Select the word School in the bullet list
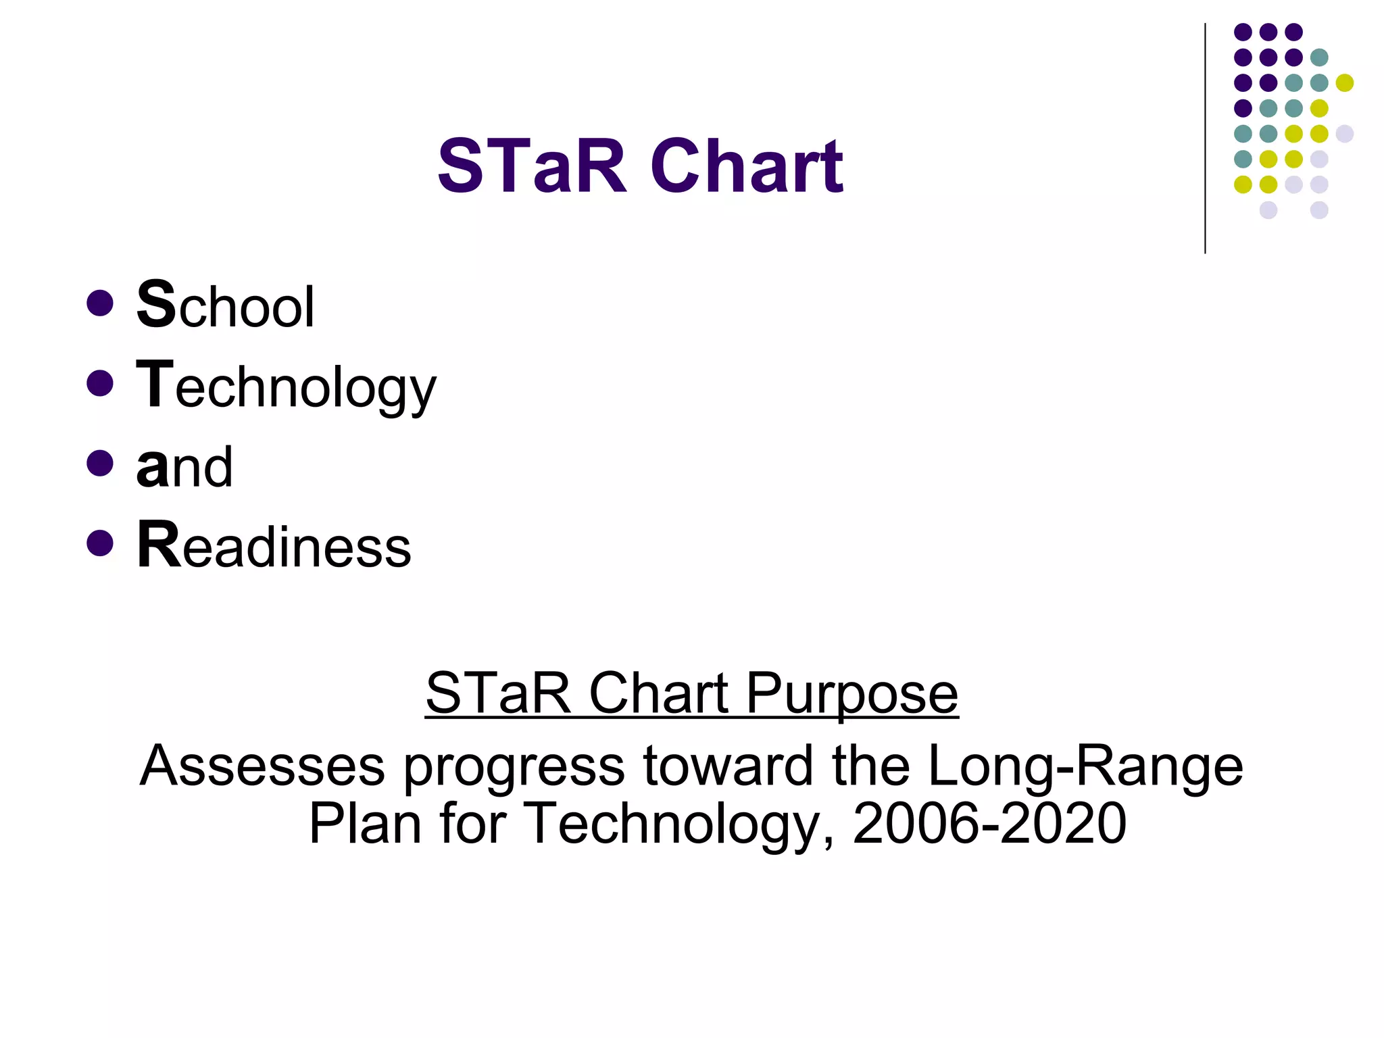click(226, 306)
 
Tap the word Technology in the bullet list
click(287, 386)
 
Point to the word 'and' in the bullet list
click(184, 466)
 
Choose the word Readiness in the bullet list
click(274, 546)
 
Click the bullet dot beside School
click(100, 303)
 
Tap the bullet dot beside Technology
click(100, 383)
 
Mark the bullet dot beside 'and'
click(100, 463)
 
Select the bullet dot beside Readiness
click(100, 543)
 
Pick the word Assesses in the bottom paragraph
click(262, 766)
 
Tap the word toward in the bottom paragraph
click(728, 766)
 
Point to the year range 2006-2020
click(989, 823)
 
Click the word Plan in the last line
click(365, 823)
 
